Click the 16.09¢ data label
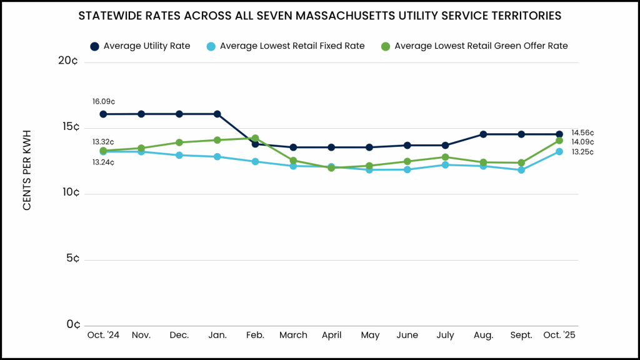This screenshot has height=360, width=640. (103, 101)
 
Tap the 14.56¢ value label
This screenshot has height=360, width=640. (582, 132)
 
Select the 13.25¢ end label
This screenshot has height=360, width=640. (582, 152)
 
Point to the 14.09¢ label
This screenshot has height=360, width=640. (582, 142)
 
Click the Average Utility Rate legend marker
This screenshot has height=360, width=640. (94, 46)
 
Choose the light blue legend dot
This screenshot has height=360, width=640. (211, 46)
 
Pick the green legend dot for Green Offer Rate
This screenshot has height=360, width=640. (386, 46)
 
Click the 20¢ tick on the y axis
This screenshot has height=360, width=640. (68, 61)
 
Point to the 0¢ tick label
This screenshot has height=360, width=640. (73, 324)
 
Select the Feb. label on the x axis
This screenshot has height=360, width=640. (255, 336)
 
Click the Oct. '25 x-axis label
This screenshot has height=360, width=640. (559, 336)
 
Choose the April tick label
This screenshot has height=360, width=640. (331, 336)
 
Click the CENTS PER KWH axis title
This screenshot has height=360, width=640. (27, 170)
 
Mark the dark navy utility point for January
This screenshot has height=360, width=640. (217, 114)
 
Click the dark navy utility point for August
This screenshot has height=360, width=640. (483, 134)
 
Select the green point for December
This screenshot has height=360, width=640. (179, 142)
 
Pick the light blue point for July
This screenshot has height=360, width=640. (445, 165)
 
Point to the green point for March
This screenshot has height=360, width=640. (293, 161)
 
